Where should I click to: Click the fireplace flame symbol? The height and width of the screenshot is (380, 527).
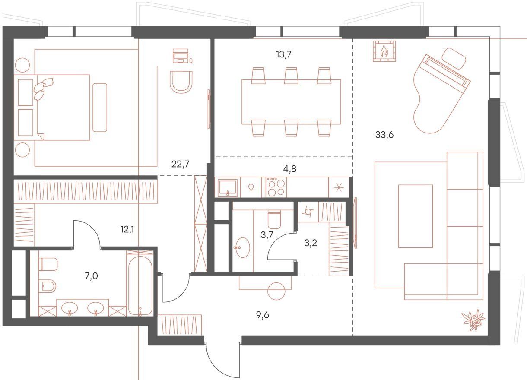384,51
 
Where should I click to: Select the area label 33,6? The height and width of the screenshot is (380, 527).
384,135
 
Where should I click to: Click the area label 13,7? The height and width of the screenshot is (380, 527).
284,54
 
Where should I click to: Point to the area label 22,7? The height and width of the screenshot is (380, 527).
180,164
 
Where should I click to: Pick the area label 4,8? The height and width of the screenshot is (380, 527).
289,169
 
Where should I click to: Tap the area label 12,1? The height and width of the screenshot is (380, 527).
127,229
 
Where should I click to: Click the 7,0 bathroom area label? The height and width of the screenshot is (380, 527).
91,276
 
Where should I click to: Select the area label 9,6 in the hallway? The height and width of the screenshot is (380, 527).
263,315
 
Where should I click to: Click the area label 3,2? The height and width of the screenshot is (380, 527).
311,243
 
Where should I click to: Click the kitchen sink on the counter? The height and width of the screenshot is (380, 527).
228,187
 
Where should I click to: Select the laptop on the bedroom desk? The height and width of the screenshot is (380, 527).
181,56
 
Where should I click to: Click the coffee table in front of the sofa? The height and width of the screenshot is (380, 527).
415,216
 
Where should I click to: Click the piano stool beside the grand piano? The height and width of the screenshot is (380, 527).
454,58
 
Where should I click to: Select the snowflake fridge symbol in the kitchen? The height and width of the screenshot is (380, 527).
339,187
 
